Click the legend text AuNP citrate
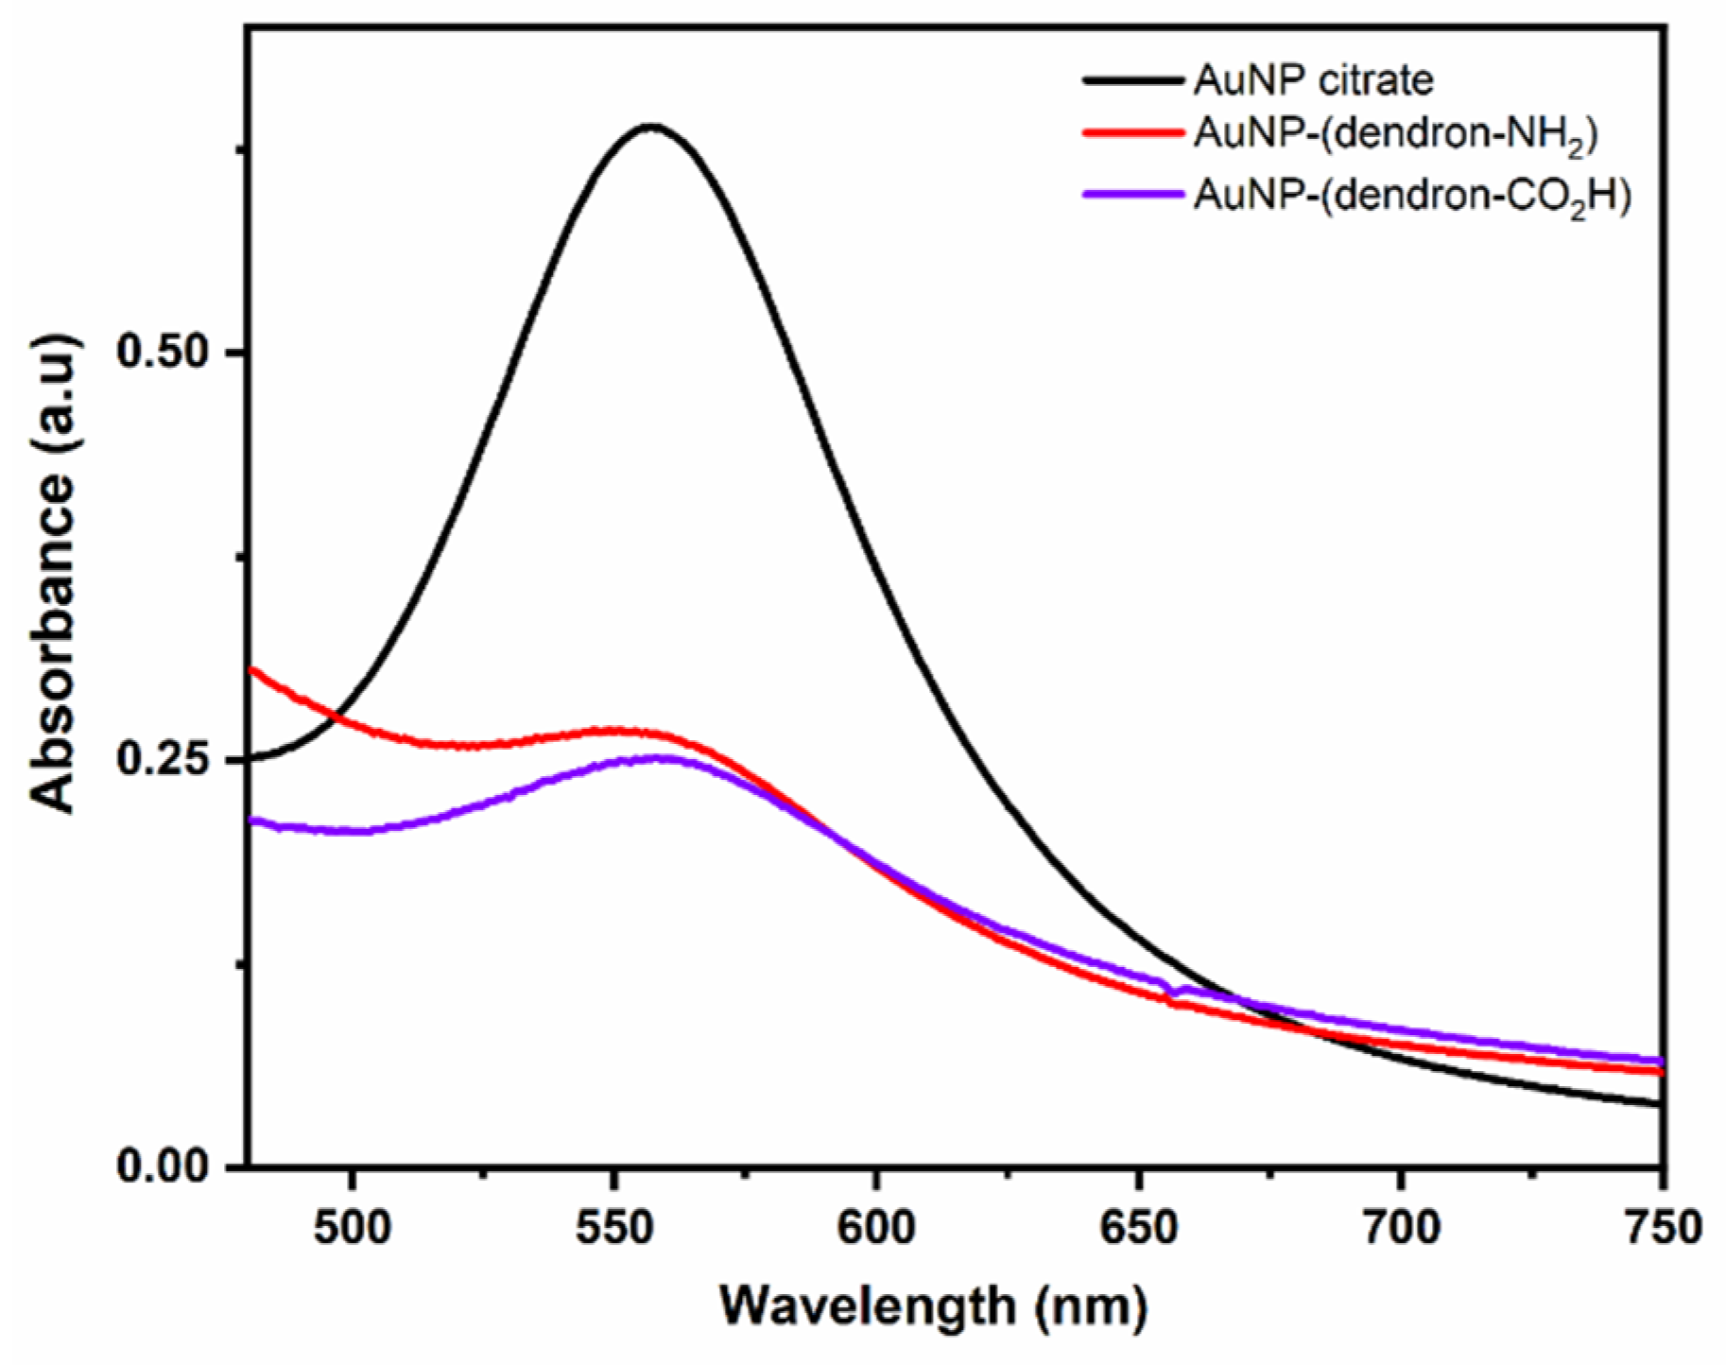point(1313,80)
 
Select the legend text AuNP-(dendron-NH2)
point(1395,134)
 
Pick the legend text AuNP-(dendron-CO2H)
point(1412,196)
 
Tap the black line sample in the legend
point(1133,81)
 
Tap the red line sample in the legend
point(1133,134)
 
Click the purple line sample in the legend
point(1133,195)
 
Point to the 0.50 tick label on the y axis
point(162,352)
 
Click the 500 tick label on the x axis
point(352,1228)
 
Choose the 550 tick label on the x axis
point(613,1228)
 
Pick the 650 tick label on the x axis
point(1138,1228)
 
